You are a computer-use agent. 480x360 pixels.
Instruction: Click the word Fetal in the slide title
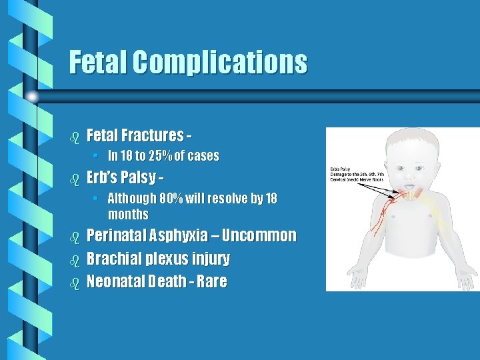click(x=98, y=63)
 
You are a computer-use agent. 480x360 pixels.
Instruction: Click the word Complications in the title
click(x=219, y=63)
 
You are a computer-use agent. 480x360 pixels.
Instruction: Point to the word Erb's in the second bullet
click(x=104, y=179)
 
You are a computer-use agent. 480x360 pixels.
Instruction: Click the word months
click(x=128, y=215)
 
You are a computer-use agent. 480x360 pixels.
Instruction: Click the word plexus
click(x=164, y=259)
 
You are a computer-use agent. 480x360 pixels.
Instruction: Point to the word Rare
click(x=212, y=281)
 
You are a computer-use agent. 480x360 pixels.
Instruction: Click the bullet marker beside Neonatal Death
click(x=75, y=282)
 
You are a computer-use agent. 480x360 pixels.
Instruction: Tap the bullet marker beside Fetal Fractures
click(x=75, y=137)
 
